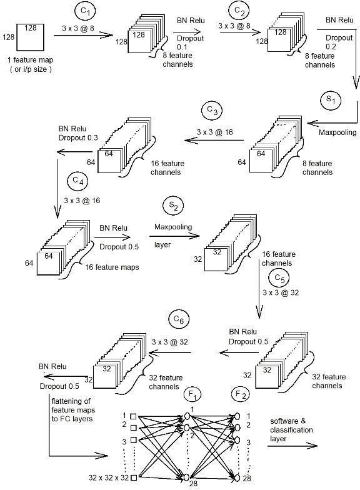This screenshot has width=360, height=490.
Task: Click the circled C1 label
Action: [85, 11]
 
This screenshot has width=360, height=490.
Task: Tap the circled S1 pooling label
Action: [331, 100]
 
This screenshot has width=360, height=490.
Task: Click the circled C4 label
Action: [77, 181]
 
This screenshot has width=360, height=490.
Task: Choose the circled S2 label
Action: [173, 206]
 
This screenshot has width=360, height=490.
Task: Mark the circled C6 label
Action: [179, 319]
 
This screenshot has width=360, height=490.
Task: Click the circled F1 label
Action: [192, 395]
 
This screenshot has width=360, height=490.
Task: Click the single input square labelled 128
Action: [30, 37]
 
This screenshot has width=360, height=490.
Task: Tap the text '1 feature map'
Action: [30, 60]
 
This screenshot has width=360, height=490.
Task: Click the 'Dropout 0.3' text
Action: [78, 137]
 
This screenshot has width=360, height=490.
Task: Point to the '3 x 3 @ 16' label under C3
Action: [215, 132]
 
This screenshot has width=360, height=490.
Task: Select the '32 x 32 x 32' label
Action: [109, 477]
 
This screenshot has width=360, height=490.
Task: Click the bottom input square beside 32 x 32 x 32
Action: [134, 477]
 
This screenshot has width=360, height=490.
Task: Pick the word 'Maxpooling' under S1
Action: [337, 132]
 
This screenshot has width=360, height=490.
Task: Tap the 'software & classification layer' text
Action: [291, 430]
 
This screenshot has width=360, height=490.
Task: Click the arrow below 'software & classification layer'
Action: [292, 446]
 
